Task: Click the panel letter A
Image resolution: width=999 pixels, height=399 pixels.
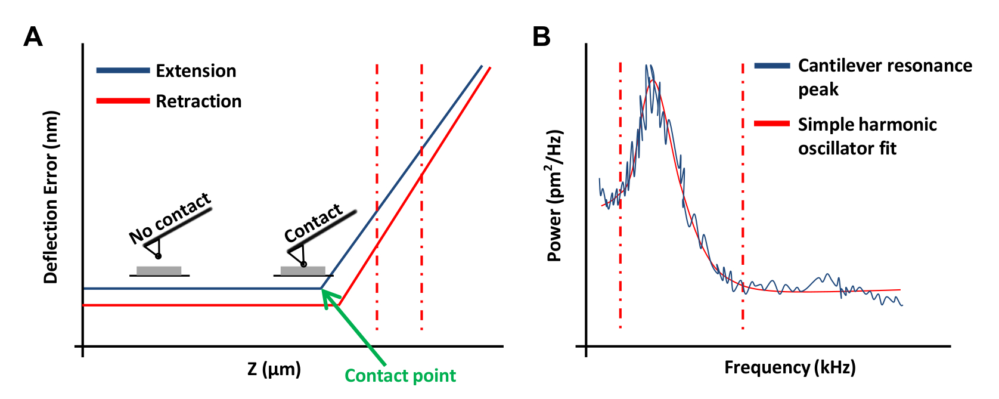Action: [x=33, y=37]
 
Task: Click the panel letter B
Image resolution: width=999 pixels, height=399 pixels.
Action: [x=541, y=37]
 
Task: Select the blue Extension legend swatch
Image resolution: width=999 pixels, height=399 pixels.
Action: [x=123, y=70]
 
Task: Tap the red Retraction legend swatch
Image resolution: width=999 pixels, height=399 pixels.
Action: [x=123, y=101]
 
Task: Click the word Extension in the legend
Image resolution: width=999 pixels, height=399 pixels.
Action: [x=196, y=71]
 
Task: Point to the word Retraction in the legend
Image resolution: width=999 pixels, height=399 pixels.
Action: [x=198, y=101]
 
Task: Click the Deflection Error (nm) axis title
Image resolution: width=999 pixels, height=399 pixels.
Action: [x=51, y=197]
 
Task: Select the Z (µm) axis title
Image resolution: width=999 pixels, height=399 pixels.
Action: [x=274, y=369]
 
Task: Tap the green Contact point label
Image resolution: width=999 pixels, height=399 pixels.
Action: [x=400, y=376]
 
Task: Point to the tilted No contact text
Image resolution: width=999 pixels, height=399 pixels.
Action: [x=170, y=218]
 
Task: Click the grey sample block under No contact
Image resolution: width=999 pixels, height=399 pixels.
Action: [x=159, y=271]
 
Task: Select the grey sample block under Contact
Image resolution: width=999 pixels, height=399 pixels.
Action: [x=303, y=271]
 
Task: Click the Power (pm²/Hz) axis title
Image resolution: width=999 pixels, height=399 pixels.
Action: [x=555, y=196]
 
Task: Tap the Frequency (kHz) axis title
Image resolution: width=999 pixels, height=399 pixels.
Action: [x=790, y=367]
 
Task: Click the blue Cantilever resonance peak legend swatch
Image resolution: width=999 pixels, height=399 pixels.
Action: [x=772, y=66]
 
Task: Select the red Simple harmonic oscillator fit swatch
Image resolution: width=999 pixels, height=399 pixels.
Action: [x=772, y=124]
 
